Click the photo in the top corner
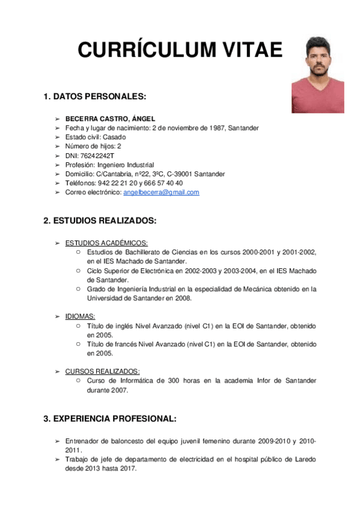(x=318, y=74)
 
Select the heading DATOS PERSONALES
(x=99, y=96)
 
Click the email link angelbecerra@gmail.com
(x=161, y=192)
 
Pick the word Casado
(x=114, y=137)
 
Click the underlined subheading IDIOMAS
(x=80, y=316)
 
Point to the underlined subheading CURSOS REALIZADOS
(x=102, y=371)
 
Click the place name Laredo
(x=305, y=459)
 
